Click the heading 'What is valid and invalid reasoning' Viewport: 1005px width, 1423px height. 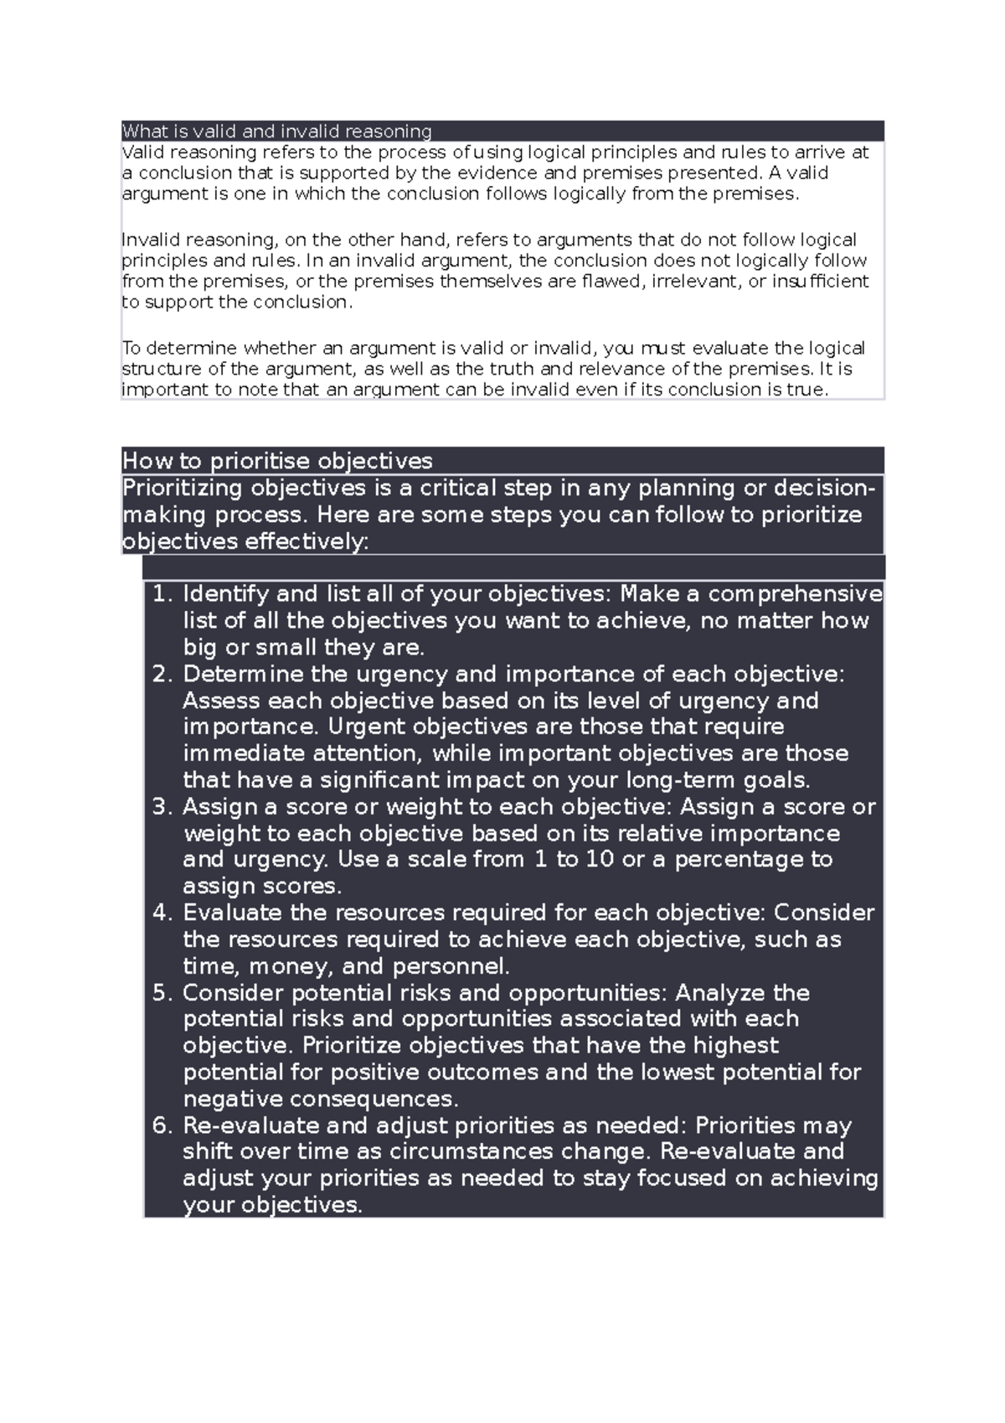pos(276,132)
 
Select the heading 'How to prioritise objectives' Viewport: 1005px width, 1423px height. pos(277,461)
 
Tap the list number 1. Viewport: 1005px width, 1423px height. pos(162,594)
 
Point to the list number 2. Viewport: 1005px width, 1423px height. pos(162,675)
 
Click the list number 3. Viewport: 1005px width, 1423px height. pos(162,807)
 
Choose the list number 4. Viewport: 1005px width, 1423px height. pos(162,913)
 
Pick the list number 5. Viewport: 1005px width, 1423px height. pos(162,993)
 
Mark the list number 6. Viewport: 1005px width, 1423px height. pos(162,1125)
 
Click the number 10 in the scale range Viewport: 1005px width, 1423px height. pos(600,860)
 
